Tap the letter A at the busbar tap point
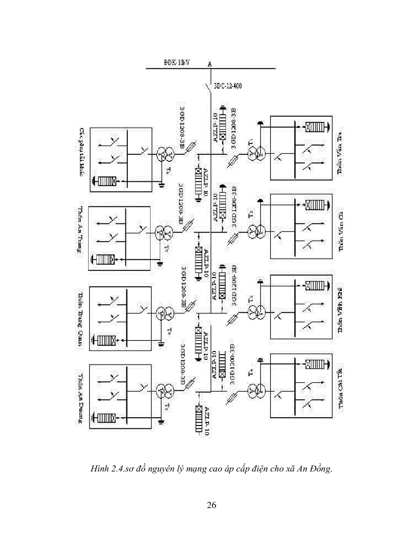click(210, 64)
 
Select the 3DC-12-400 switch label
click(228, 87)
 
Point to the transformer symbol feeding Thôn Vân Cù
click(255, 233)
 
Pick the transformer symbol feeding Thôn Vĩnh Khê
click(255, 311)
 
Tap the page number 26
click(211, 505)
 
